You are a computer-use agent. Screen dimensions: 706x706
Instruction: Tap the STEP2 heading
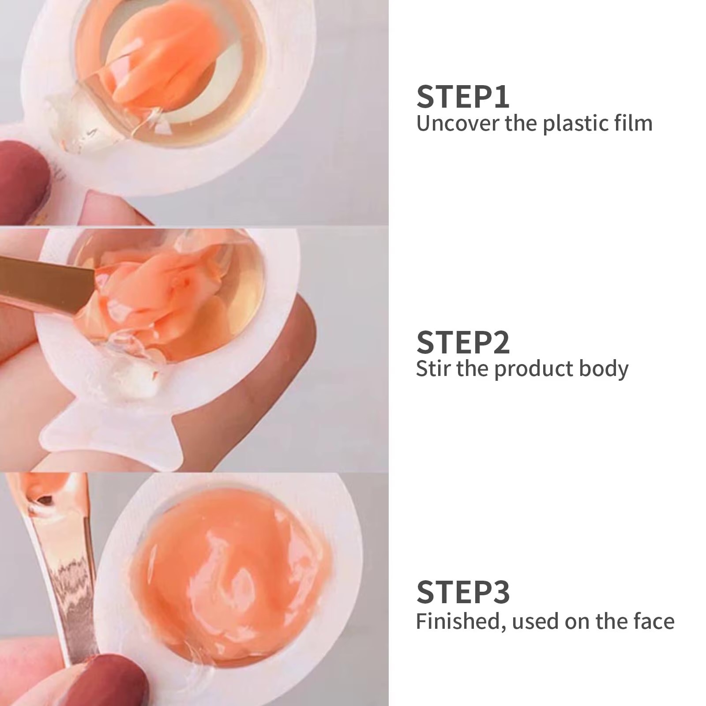pyautogui.click(x=463, y=342)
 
